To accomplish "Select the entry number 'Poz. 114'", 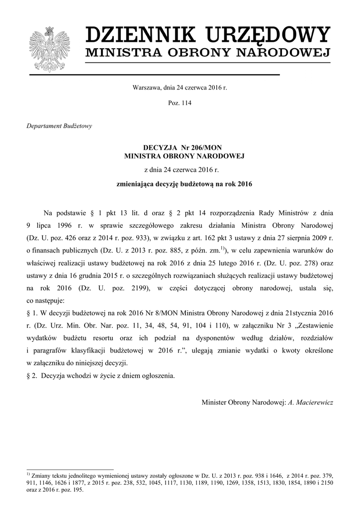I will click(180, 103).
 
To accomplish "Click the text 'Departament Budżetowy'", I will click(59, 126).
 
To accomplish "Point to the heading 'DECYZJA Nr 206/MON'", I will click(180, 148).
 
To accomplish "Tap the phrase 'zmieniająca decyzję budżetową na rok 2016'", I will click(180, 184).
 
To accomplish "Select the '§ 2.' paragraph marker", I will click(31, 375).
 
